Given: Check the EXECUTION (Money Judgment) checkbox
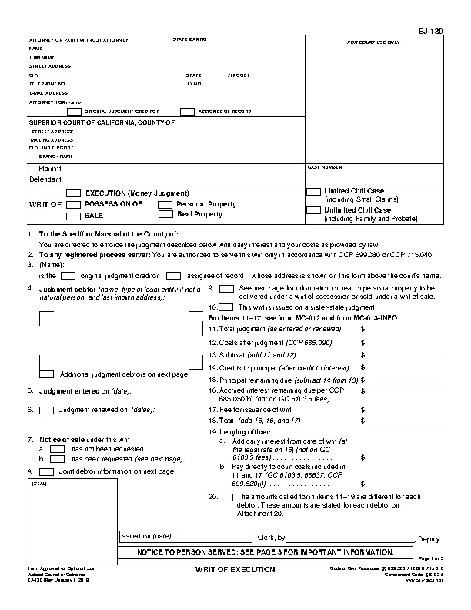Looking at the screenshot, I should (74, 193).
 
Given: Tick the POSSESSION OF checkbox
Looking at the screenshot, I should (74, 205).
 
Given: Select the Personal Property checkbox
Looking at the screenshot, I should (165, 205).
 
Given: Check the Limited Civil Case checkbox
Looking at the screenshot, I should (314, 191).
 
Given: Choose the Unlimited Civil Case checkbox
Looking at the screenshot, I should (314, 210).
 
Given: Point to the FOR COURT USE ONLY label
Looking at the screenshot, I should (373, 42).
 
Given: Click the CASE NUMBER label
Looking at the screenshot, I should (324, 166).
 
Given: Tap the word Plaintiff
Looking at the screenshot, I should (51, 168).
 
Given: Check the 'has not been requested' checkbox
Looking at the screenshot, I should (78, 448).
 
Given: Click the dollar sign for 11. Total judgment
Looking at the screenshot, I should (362, 329).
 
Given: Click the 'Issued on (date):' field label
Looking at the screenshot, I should (146, 536).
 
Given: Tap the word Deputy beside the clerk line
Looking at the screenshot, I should (428, 538).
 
